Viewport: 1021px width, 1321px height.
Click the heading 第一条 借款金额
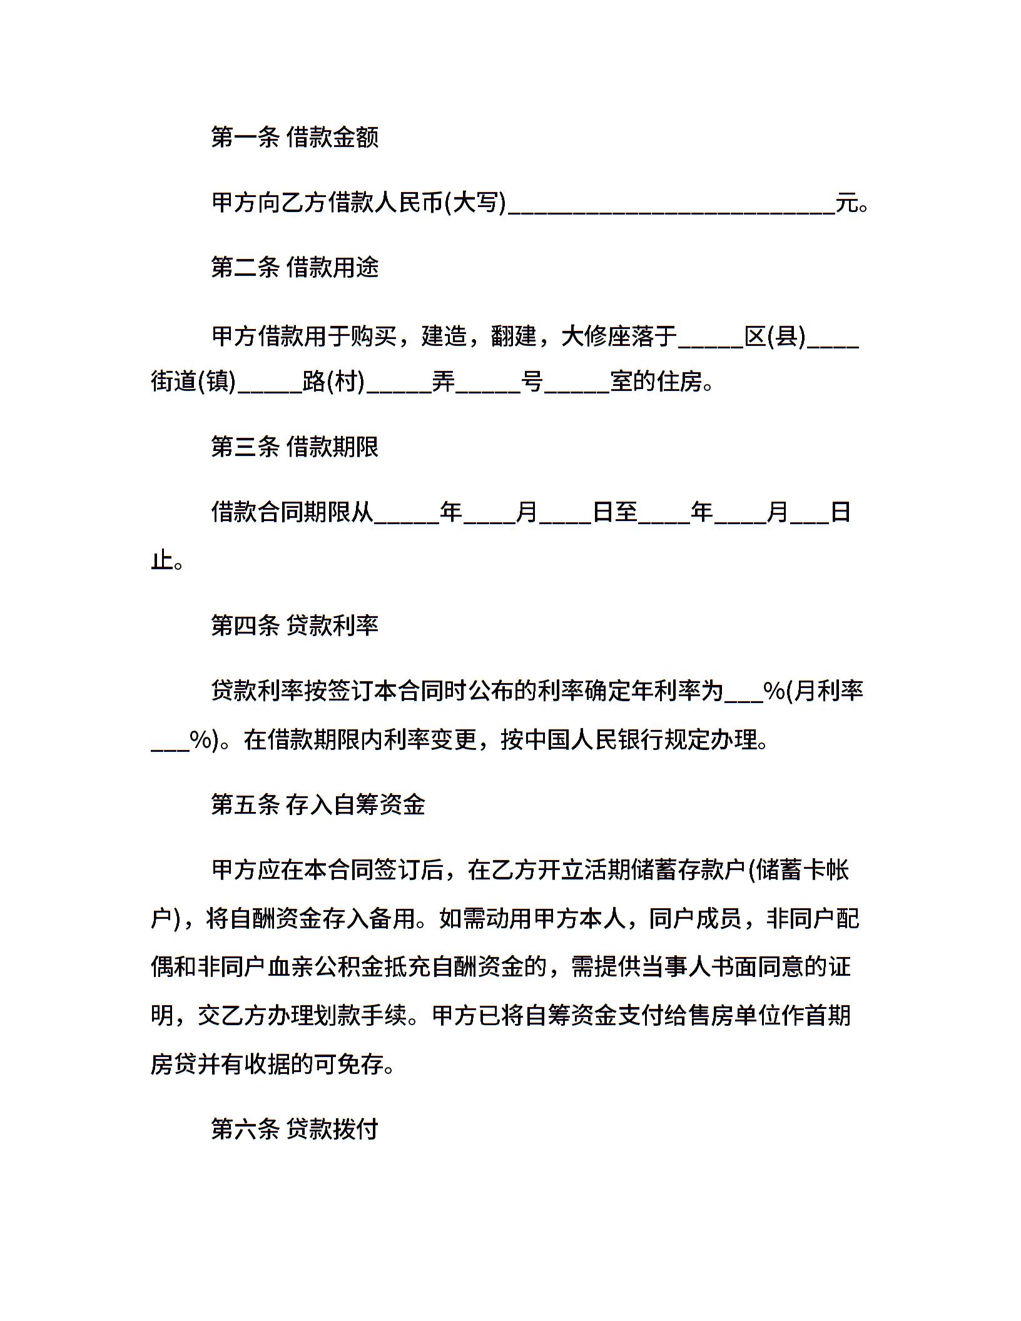[295, 137]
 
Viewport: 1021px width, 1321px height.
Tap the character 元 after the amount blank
[847, 203]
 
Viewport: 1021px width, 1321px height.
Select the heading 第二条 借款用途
[295, 268]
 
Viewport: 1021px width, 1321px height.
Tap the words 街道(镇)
[193, 381]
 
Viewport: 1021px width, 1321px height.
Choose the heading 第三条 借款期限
[295, 447]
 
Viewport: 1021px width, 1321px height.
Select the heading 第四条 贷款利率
[295, 625]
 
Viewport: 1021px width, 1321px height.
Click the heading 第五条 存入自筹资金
[318, 804]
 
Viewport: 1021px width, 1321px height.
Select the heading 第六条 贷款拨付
[295, 1129]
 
